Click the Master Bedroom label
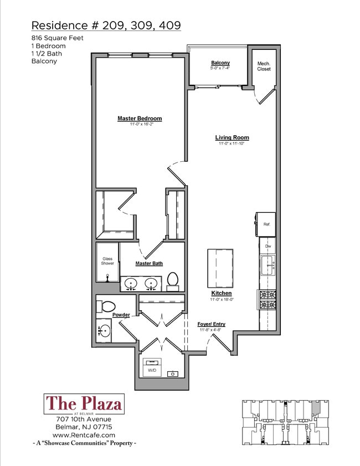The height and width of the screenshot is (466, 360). (140, 119)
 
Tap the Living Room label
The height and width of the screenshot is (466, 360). (232, 137)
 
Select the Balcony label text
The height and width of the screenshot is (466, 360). (220, 63)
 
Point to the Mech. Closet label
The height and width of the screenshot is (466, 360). (264, 66)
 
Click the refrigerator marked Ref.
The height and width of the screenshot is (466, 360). (266, 224)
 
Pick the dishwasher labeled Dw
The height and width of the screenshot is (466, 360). (268, 246)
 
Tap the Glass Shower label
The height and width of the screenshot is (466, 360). (107, 261)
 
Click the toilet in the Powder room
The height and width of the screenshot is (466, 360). (106, 306)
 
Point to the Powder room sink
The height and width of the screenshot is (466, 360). (104, 331)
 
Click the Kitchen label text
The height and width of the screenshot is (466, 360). (221, 293)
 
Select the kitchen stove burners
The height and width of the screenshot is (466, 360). (268, 300)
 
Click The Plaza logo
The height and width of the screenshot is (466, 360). (83, 404)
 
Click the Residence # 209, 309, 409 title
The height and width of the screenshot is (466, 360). (106, 25)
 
